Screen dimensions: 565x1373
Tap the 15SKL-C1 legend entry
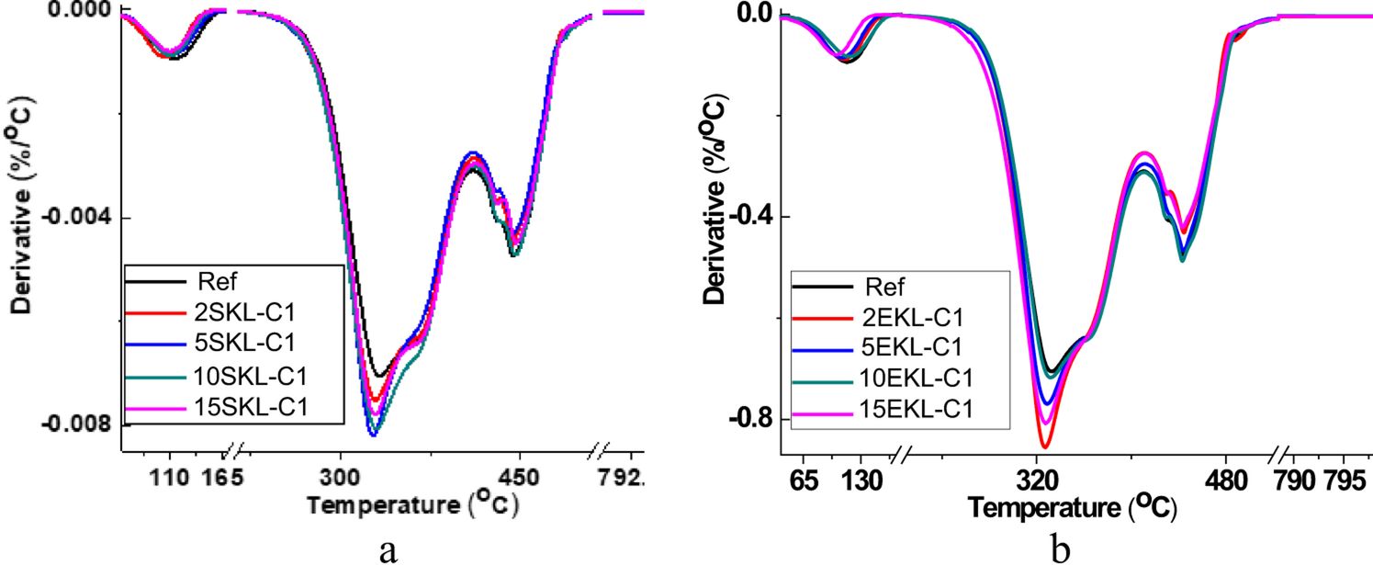coord(245,407)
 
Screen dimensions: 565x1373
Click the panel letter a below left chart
coord(388,548)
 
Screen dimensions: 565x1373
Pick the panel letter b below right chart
coord(1062,548)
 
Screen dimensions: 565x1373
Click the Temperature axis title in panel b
coord(1071,506)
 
